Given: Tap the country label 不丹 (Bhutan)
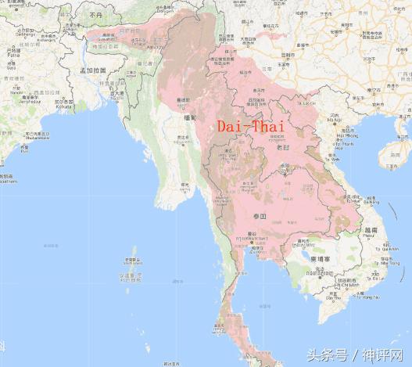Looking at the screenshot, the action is pyautogui.click(x=96, y=15).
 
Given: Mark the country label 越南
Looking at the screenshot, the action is pyautogui.click(x=370, y=231).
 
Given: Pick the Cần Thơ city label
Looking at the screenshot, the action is pyautogui.click(x=334, y=297).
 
